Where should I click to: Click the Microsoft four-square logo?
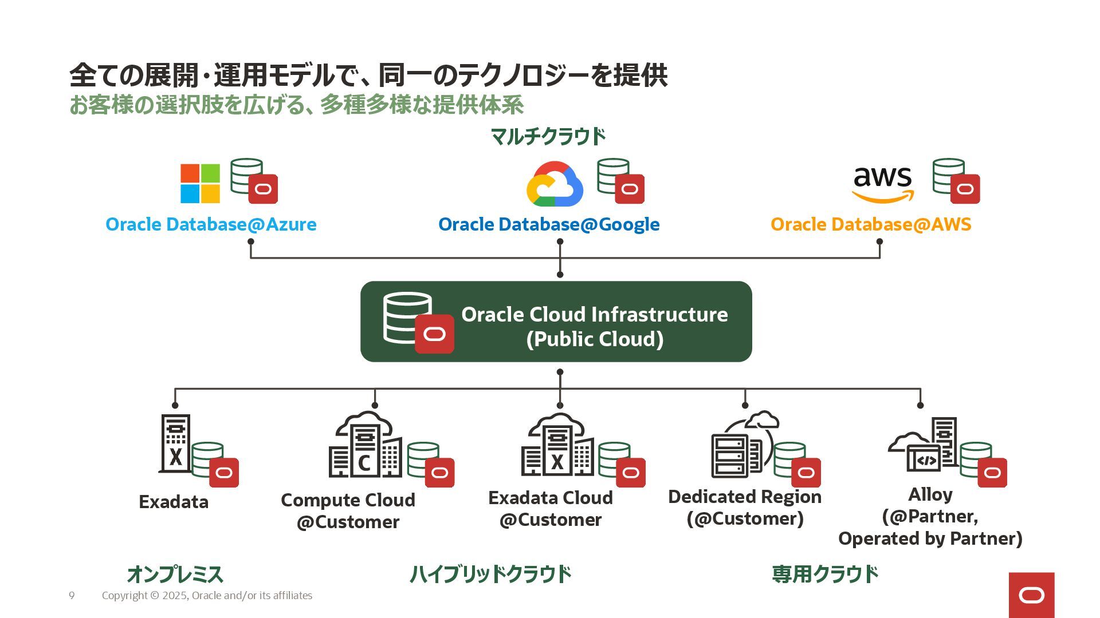coord(200,184)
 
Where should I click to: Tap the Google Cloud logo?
coord(554,184)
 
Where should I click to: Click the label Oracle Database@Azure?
coord(211,224)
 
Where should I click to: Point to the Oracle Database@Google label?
coord(549,224)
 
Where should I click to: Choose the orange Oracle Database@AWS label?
coord(871,224)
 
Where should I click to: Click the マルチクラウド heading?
coord(548,136)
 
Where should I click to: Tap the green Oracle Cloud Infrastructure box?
coord(556,322)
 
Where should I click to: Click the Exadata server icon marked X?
coord(175,443)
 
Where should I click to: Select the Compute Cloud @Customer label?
coord(348,510)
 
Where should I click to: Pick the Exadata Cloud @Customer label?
coord(551,509)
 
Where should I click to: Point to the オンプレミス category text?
coord(175,574)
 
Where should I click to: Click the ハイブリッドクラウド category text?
coord(490,574)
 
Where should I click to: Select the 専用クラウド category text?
coord(825,574)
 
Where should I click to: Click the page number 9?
coord(72,596)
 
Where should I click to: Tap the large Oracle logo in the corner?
coord(1031,595)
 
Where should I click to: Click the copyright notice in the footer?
coord(207,596)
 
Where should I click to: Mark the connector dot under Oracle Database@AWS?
coord(879,241)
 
